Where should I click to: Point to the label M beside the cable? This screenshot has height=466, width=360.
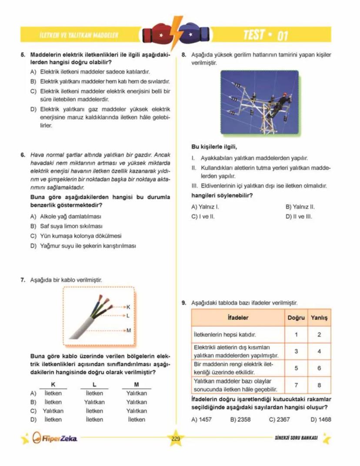(129, 331)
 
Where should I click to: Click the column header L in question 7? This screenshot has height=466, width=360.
(94, 385)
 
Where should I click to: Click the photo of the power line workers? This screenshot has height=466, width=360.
(259, 102)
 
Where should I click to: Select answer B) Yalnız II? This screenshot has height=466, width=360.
(300, 207)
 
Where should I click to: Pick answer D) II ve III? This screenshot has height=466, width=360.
(299, 216)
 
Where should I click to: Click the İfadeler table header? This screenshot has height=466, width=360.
(238, 318)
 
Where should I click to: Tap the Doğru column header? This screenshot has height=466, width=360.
(296, 318)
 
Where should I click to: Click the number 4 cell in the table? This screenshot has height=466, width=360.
(319, 351)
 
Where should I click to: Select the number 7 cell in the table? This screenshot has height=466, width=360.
(296, 385)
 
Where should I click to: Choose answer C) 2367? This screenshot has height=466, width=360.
(279, 420)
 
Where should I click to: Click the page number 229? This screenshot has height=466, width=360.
(175, 439)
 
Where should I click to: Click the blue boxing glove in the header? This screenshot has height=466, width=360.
(191, 33)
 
